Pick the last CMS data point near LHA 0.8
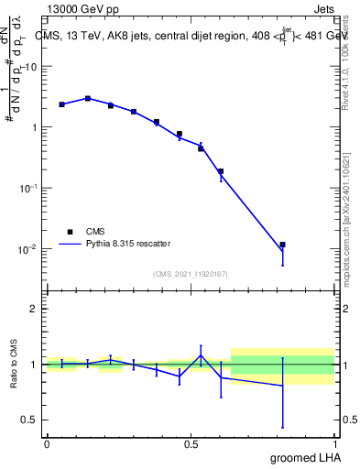tap(282, 245)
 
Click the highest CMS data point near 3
tap(88, 98)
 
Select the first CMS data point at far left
tap(61, 104)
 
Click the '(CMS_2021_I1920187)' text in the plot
tap(191, 273)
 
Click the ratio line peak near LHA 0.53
tap(201, 356)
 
